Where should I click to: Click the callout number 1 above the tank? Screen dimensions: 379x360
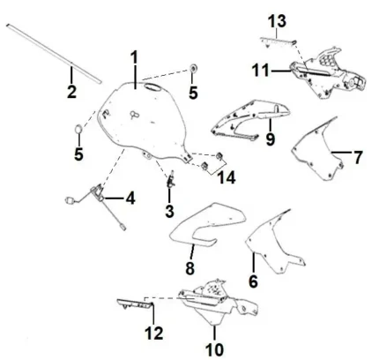[x=134, y=57]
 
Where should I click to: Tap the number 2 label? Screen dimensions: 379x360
[x=72, y=92]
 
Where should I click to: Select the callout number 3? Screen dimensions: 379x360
[x=169, y=211]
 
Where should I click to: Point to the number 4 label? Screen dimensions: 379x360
[x=130, y=198]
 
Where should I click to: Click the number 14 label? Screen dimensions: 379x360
[x=227, y=177]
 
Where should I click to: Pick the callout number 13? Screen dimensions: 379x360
[x=277, y=21]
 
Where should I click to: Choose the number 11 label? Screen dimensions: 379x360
[x=260, y=71]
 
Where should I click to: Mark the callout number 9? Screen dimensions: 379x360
[x=270, y=139]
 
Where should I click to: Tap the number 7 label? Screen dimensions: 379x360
[x=357, y=157]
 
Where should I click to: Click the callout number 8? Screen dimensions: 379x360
[x=189, y=268]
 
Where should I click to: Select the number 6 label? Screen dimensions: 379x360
[x=253, y=281]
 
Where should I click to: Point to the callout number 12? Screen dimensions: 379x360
[x=154, y=333]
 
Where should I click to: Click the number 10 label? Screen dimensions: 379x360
[x=215, y=349]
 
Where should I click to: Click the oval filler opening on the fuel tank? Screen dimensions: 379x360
[x=152, y=86]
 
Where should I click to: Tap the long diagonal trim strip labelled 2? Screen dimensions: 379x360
[x=54, y=54]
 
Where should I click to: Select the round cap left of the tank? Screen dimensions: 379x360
[x=78, y=129]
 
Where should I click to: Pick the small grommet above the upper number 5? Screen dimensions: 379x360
[x=193, y=68]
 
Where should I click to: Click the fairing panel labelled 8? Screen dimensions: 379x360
[x=207, y=225]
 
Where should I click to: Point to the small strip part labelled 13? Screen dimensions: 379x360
[x=278, y=41]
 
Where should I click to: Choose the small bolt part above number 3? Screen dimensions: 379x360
[x=171, y=179]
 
